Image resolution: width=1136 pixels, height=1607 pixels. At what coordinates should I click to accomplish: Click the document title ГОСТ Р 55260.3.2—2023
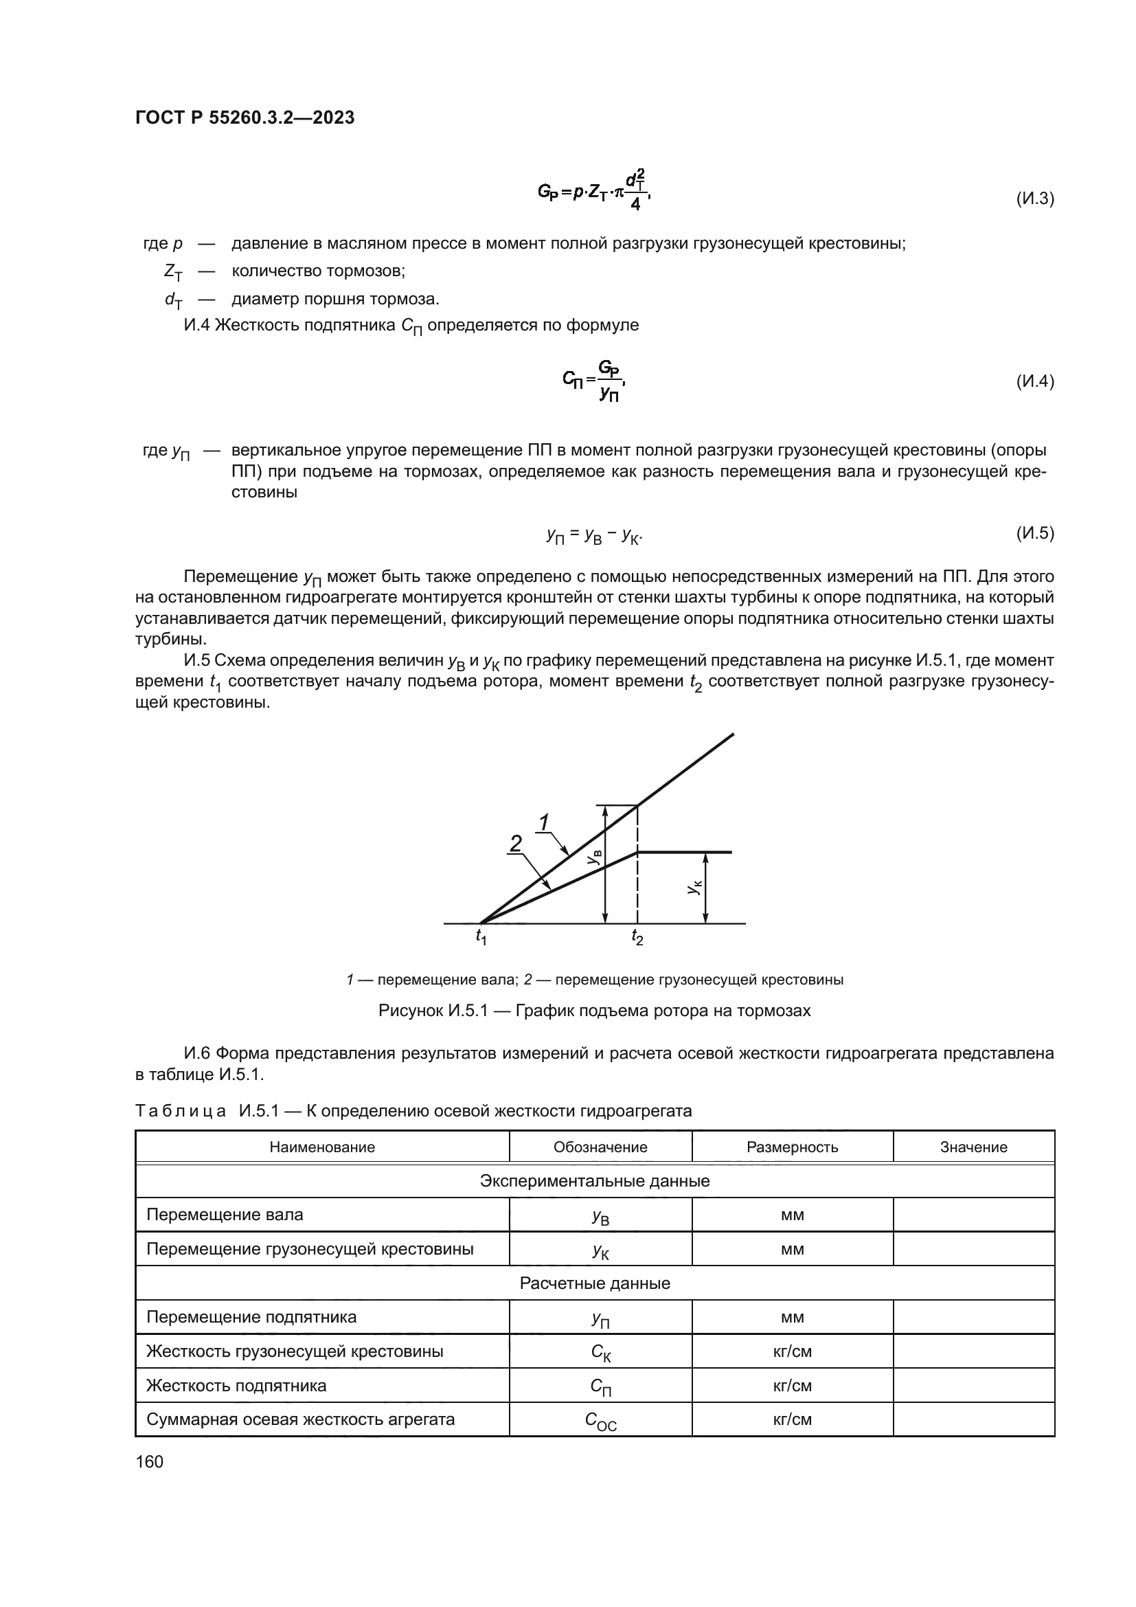pos(245,117)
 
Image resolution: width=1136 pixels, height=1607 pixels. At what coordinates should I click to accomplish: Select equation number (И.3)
pos(1034,199)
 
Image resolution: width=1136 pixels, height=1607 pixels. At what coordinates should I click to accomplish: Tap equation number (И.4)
pos(1034,381)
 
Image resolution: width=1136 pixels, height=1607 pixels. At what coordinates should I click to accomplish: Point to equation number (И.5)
pos(1034,533)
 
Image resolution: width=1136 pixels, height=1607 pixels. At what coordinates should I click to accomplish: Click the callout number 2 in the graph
pos(516,844)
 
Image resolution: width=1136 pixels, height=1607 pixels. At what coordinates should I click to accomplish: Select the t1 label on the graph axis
pos(481,936)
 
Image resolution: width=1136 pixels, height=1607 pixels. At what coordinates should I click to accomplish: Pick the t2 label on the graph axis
pos(637,936)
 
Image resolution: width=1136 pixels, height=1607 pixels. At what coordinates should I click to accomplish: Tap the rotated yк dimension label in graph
pos(693,888)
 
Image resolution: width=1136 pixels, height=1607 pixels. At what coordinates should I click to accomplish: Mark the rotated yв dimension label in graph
pos(594,857)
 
